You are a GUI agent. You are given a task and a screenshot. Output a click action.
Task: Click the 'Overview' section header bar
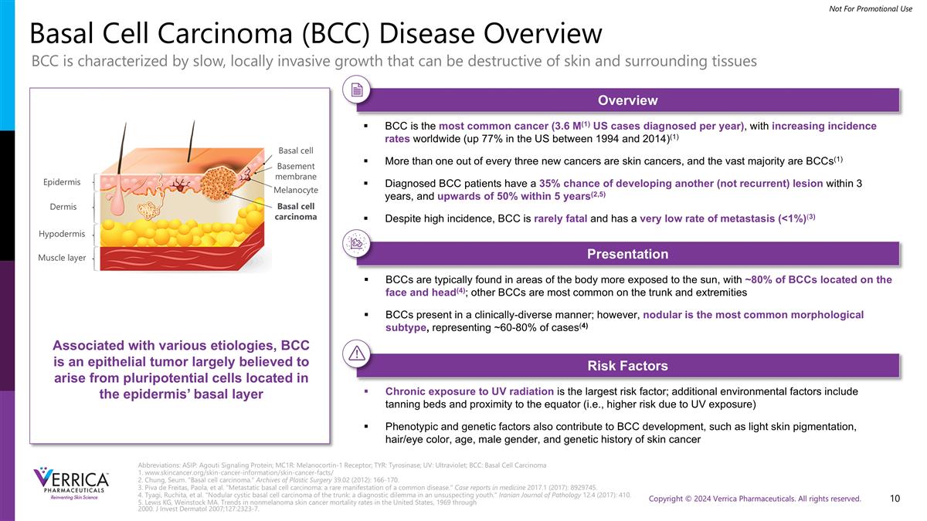click(x=627, y=100)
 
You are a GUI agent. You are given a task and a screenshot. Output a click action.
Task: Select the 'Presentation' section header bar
click(x=627, y=254)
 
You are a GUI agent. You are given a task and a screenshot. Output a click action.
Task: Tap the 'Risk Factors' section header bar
click(x=627, y=365)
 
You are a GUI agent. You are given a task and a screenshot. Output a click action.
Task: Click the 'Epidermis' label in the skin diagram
click(x=62, y=182)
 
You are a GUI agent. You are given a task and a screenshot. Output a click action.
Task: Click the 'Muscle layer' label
click(x=62, y=258)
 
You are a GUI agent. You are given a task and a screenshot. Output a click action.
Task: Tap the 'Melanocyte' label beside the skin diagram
click(x=296, y=190)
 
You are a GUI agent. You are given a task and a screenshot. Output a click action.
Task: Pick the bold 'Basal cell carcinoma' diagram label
click(x=296, y=211)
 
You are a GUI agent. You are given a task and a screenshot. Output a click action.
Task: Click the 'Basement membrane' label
click(x=296, y=171)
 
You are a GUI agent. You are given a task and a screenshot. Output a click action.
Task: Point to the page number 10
click(x=895, y=499)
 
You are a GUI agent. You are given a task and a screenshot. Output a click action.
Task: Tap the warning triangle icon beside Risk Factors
click(x=357, y=354)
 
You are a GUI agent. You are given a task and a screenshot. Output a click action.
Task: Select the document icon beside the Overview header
click(x=357, y=90)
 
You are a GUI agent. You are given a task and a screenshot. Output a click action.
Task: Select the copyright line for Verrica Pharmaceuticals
click(x=755, y=499)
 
